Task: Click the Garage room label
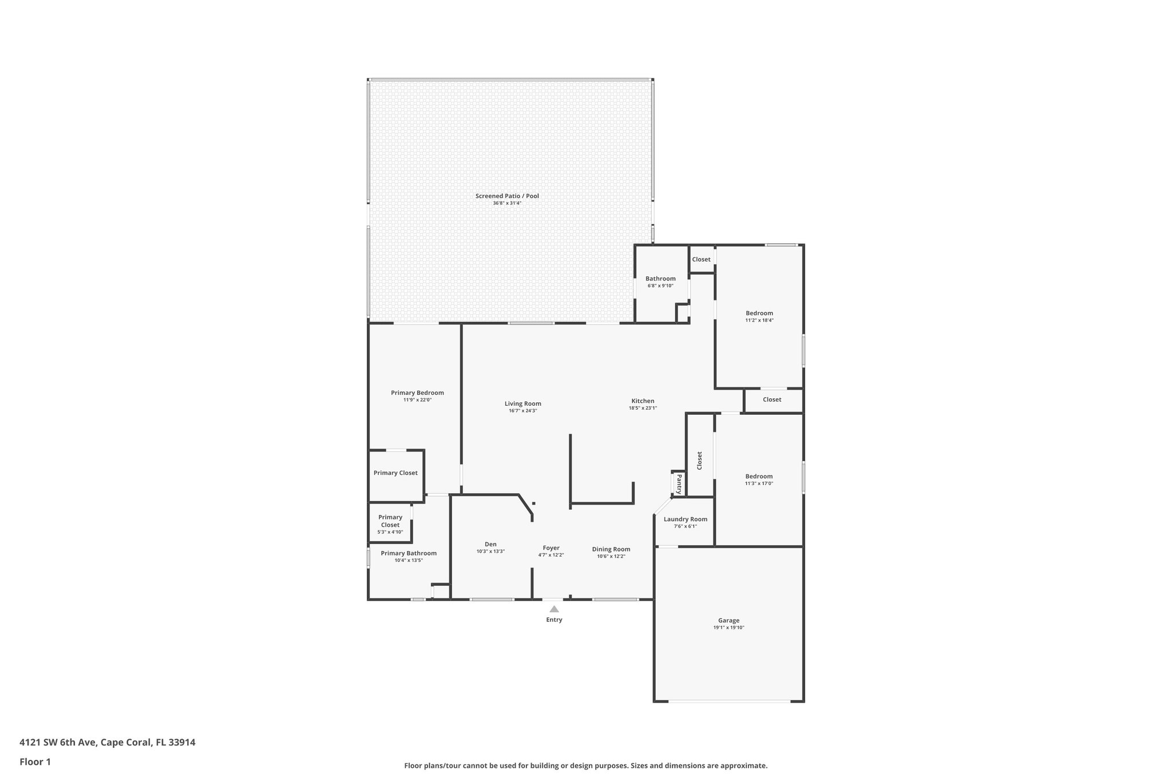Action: [x=728, y=620]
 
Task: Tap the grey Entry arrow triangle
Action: [x=554, y=609]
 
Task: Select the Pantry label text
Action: [x=679, y=483]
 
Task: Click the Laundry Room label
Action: [x=685, y=520]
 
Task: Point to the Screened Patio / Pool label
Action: [x=507, y=196]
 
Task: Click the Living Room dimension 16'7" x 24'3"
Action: [x=522, y=411]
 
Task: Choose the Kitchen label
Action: [x=643, y=401]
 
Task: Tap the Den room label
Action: [x=490, y=544]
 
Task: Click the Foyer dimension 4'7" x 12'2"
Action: [x=551, y=555]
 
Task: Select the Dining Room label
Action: [x=611, y=549]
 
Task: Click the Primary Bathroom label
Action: [x=409, y=553]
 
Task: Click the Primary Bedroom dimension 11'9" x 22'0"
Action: [x=417, y=400]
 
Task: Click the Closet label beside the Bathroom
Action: [x=701, y=260]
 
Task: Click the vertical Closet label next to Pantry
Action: [x=699, y=461]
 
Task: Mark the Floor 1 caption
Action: [x=35, y=762]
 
